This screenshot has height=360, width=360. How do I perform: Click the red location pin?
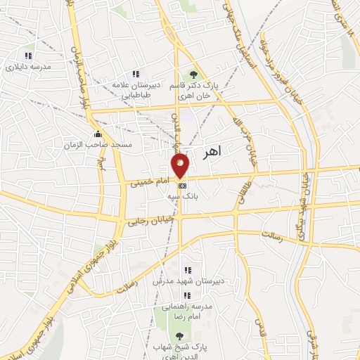181,165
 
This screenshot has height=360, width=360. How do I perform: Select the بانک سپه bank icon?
183,185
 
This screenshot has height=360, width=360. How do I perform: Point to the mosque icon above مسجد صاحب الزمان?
97,134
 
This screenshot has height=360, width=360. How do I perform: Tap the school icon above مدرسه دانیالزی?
28,55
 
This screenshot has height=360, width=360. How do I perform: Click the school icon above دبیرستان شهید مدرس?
187,270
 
